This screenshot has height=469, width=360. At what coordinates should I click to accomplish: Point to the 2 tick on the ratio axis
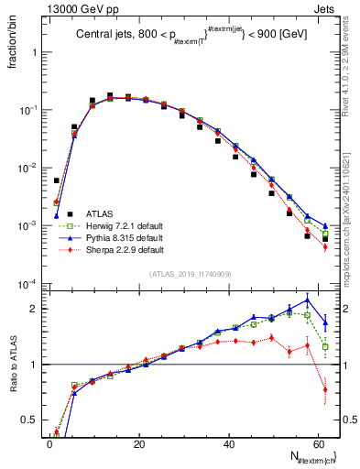(x=35, y=309)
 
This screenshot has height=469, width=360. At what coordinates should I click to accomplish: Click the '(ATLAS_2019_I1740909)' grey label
(x=190, y=273)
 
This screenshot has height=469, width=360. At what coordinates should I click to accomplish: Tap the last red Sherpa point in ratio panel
(x=325, y=389)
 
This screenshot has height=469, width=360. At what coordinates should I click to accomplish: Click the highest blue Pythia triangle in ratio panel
(x=307, y=300)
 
